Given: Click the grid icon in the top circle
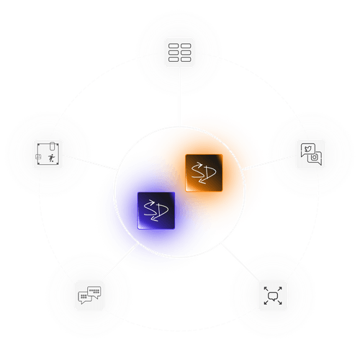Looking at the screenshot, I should coord(179,53).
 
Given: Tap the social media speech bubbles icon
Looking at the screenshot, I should coord(310,153).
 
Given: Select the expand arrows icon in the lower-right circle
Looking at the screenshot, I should coord(272,295).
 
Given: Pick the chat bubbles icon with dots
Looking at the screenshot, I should coord(90,295).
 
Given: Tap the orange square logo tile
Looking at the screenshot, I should coord(201,173).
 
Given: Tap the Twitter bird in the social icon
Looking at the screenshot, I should coord(307,150).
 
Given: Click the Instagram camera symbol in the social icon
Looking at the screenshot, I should coord(314,156).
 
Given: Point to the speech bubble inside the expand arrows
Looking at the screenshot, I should coord(272,295).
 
